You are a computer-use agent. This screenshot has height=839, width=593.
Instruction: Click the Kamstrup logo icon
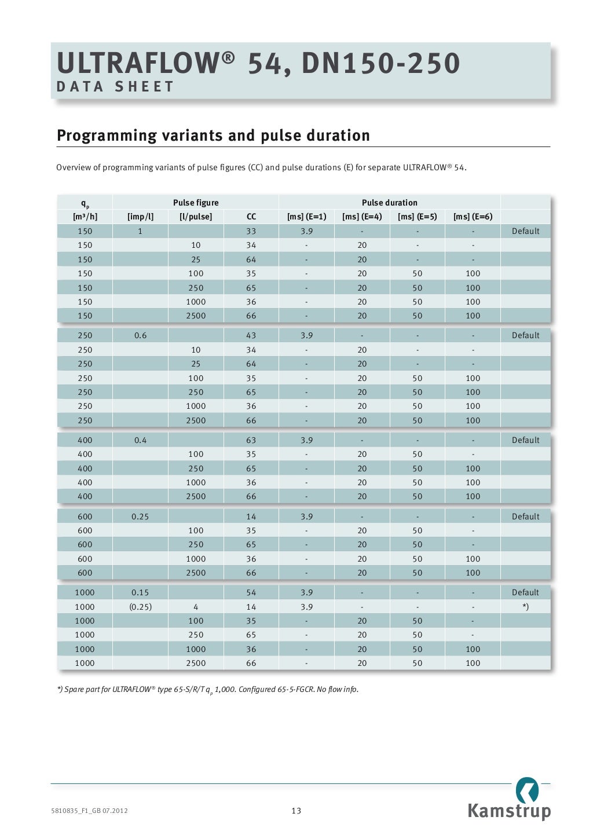pos(527,790)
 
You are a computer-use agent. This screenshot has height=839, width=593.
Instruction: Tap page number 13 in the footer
pos(296,811)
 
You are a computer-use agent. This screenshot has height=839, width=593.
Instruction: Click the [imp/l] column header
pos(140,217)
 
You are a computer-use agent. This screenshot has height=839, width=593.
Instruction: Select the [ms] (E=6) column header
pos(473,217)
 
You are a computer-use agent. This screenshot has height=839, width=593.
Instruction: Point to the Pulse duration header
pos(389,203)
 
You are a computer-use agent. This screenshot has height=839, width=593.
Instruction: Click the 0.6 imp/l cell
pos(140,335)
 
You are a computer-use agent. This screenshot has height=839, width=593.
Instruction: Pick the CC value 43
pos(251,335)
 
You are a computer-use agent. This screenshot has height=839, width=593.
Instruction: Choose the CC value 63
pos(251,440)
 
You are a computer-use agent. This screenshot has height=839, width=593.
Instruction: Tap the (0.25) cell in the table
pos(140,607)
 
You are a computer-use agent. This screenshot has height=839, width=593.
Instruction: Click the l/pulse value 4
pos(196,607)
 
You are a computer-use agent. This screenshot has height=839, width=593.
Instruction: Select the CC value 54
pos(251,592)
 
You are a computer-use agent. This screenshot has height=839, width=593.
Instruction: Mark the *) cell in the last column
pos(525,607)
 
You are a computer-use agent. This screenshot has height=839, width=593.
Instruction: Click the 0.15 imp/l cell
pos(140,592)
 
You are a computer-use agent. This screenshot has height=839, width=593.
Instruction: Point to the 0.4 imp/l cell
pos(140,440)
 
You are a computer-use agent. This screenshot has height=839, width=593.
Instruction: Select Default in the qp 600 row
pos(525,516)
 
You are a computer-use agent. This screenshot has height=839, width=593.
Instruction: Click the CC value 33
pos(251,231)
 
